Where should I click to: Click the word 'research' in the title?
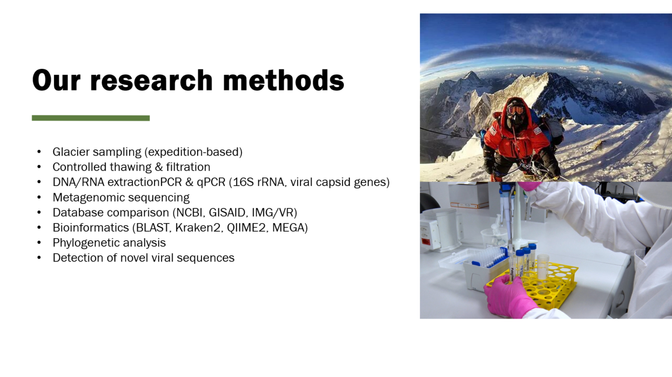151,80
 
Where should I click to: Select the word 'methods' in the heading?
283,80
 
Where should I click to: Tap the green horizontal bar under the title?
91,118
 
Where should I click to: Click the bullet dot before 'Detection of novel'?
39,258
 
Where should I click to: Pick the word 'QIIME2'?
246,228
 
